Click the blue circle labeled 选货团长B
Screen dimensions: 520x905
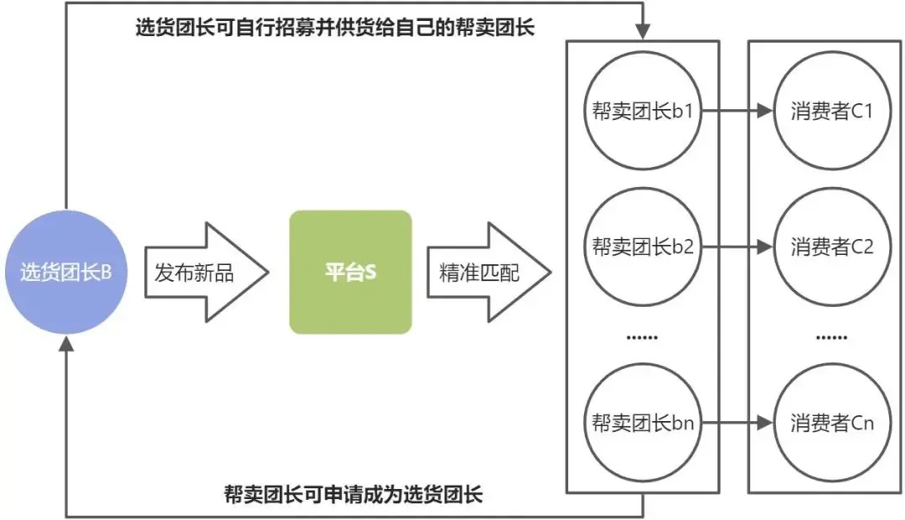66,273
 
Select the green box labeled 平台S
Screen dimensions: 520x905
350,273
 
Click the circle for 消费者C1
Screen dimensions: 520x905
831,112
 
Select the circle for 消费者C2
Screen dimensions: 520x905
831,247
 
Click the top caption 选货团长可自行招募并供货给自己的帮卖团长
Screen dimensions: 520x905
335,28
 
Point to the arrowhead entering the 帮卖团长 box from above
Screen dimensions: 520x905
643,33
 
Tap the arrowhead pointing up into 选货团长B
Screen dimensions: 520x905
67,345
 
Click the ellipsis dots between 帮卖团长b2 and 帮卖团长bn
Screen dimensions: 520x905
643,337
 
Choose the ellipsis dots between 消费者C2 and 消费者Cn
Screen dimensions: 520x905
831,337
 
